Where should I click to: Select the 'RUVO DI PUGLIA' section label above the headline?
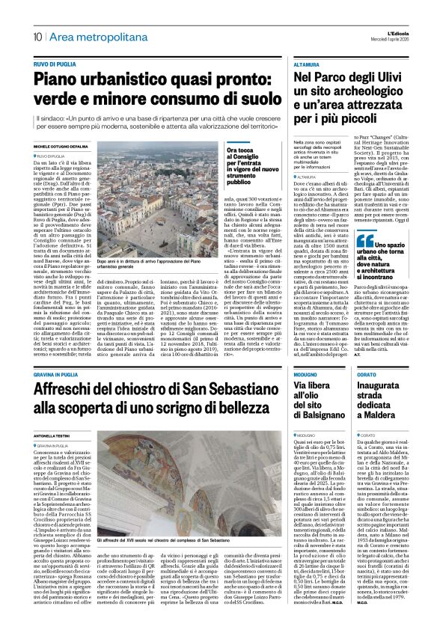coord(55,64)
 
